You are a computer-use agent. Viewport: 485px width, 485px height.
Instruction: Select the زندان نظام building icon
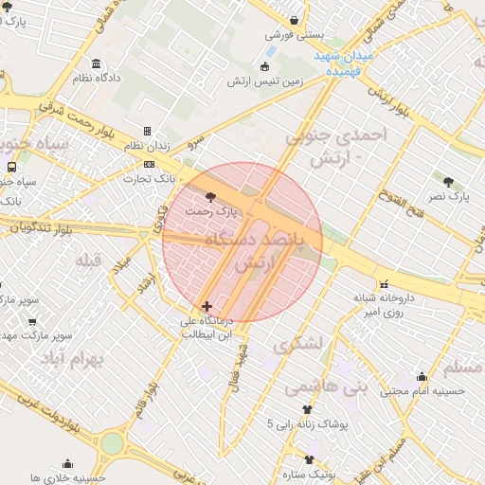pos(147,131)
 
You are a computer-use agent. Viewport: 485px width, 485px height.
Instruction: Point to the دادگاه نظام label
pos(97,77)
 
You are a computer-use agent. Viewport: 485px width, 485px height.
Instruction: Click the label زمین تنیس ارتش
pos(264,81)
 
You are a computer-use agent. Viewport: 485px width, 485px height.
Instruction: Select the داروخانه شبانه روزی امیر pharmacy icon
pos(384,283)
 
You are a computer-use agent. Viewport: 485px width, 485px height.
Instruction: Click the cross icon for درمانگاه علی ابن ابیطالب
pos(207,306)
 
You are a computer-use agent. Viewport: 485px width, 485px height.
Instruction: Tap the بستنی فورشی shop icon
pos(296,20)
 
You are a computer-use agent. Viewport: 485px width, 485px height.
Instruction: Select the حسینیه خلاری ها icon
pos(67,463)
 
